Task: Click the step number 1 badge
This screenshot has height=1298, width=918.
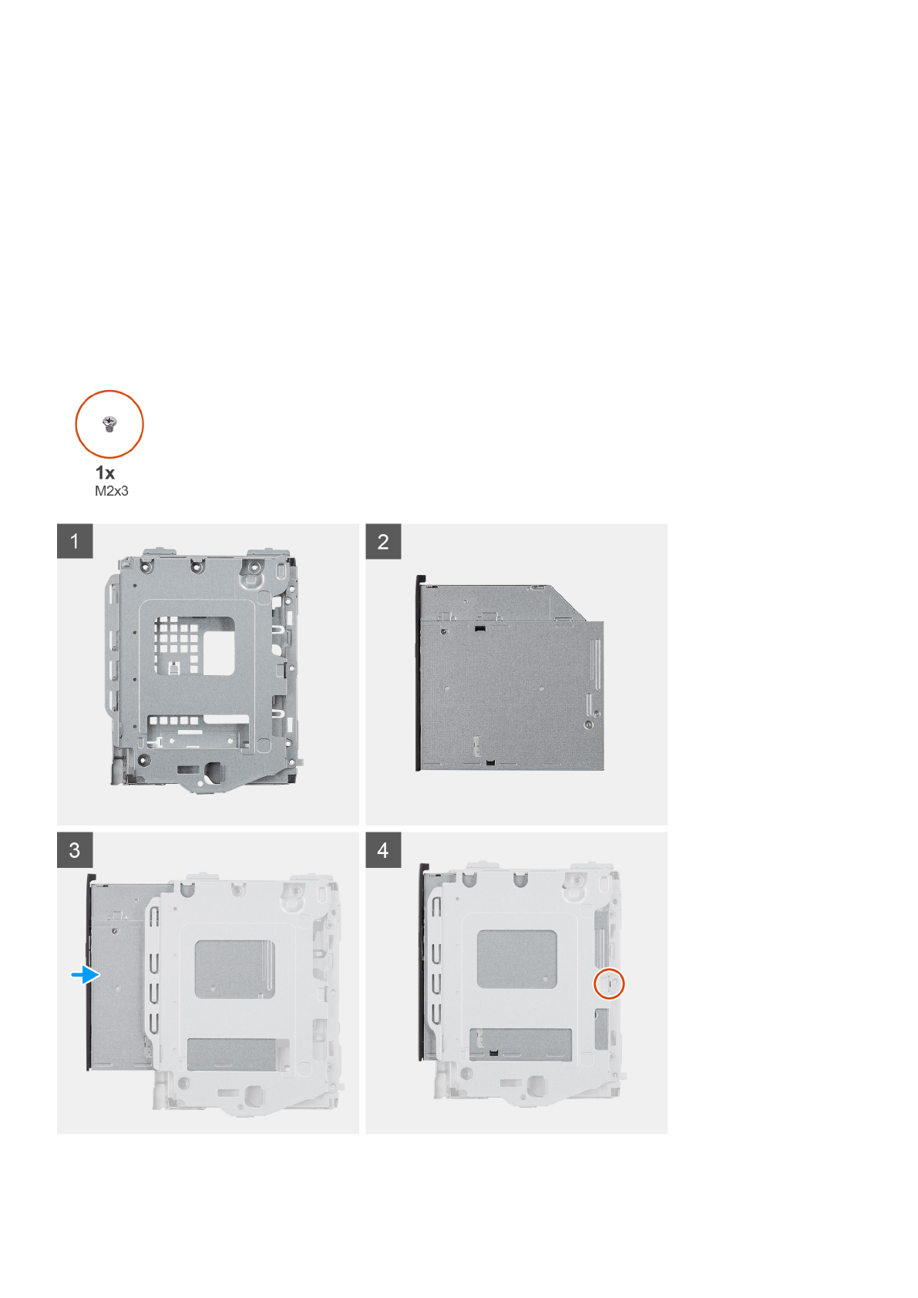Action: (75, 541)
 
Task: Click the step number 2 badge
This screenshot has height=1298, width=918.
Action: (383, 541)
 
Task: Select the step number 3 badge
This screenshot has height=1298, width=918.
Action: (75, 849)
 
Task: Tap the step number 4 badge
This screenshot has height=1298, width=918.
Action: (383, 849)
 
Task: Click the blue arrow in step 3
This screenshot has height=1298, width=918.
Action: (86, 975)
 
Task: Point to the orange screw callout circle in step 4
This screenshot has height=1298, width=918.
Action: (609, 984)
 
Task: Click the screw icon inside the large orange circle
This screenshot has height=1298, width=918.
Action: (109, 423)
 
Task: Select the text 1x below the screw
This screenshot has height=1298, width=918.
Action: (105, 472)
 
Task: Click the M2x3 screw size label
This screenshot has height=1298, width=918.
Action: (112, 491)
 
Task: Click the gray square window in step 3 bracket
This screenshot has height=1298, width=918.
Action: (234, 969)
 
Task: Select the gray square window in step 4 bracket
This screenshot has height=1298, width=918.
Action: (516, 959)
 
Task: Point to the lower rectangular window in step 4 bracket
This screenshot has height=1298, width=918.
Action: (520, 1042)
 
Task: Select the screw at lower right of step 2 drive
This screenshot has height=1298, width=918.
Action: (589, 725)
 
